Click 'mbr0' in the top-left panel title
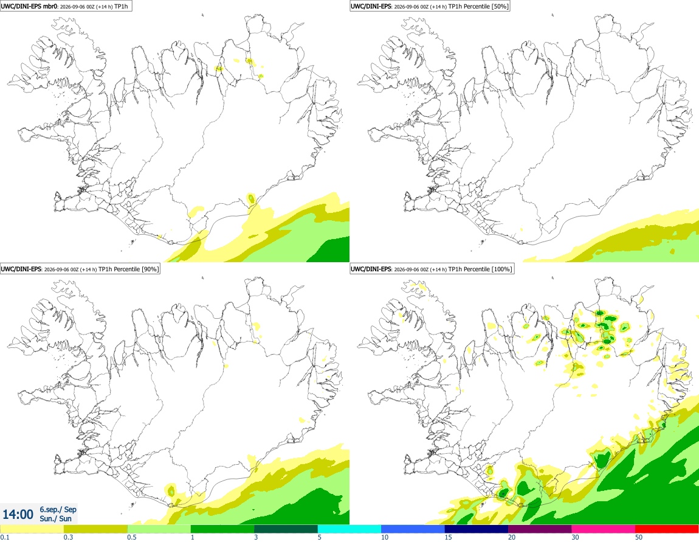47,6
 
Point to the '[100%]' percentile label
503,269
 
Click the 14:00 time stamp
18,515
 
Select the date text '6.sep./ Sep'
58,509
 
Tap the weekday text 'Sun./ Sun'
55,518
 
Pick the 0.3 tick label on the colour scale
68,537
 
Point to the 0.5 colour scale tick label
132,537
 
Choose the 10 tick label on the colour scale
385,537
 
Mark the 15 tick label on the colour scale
449,537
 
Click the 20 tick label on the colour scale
512,537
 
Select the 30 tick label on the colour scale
576,537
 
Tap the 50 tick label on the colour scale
639,537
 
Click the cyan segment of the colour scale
349,529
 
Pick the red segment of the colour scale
667,529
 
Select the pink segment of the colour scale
603,529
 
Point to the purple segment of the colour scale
540,529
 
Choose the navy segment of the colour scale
476,529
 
